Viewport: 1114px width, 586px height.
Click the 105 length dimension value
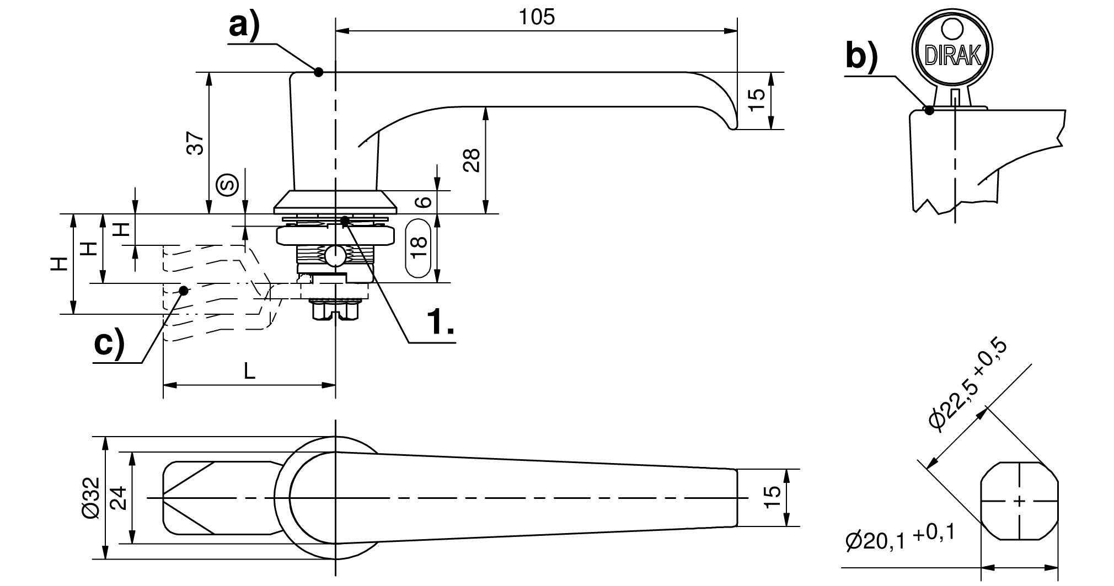pyautogui.click(x=537, y=18)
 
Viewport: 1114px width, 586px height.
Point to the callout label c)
pyautogui.click(x=109, y=345)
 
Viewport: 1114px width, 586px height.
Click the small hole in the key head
pyautogui.click(x=952, y=28)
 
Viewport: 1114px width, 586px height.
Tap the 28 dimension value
pyautogui.click(x=472, y=160)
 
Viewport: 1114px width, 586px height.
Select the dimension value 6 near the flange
pyautogui.click(x=422, y=202)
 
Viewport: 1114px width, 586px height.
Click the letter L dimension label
pyautogui.click(x=250, y=371)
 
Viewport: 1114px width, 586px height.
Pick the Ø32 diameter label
pyautogui.click(x=90, y=497)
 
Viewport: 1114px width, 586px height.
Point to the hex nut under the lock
pyautogui.click(x=334, y=311)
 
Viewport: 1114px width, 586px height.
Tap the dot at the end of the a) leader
pyautogui.click(x=318, y=72)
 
